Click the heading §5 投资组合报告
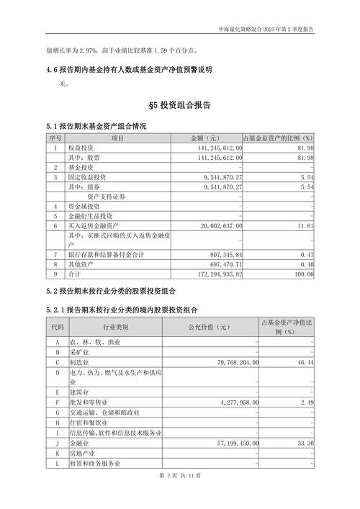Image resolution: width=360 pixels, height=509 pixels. pyautogui.click(x=179, y=106)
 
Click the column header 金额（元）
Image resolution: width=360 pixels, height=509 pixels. pyautogui.click(x=204, y=138)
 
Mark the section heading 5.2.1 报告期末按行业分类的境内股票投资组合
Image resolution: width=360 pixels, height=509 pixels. pyautogui.click(x=123, y=310)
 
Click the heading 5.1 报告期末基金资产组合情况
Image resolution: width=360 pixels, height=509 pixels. pyautogui.click(x=96, y=126)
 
